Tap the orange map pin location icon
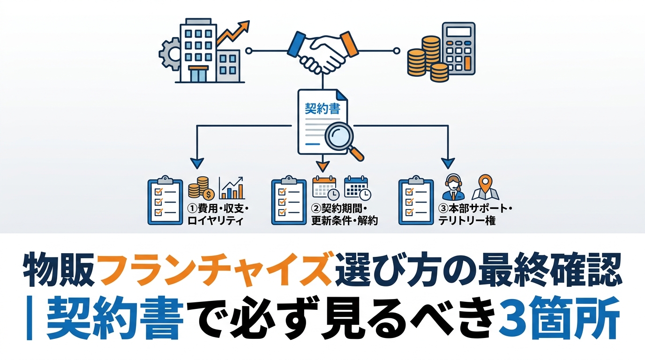pos(485,187)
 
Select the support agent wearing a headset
pos(453,187)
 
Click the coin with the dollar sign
pos(209,193)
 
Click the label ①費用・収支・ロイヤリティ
pos(216,214)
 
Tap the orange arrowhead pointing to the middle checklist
pos(322,165)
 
